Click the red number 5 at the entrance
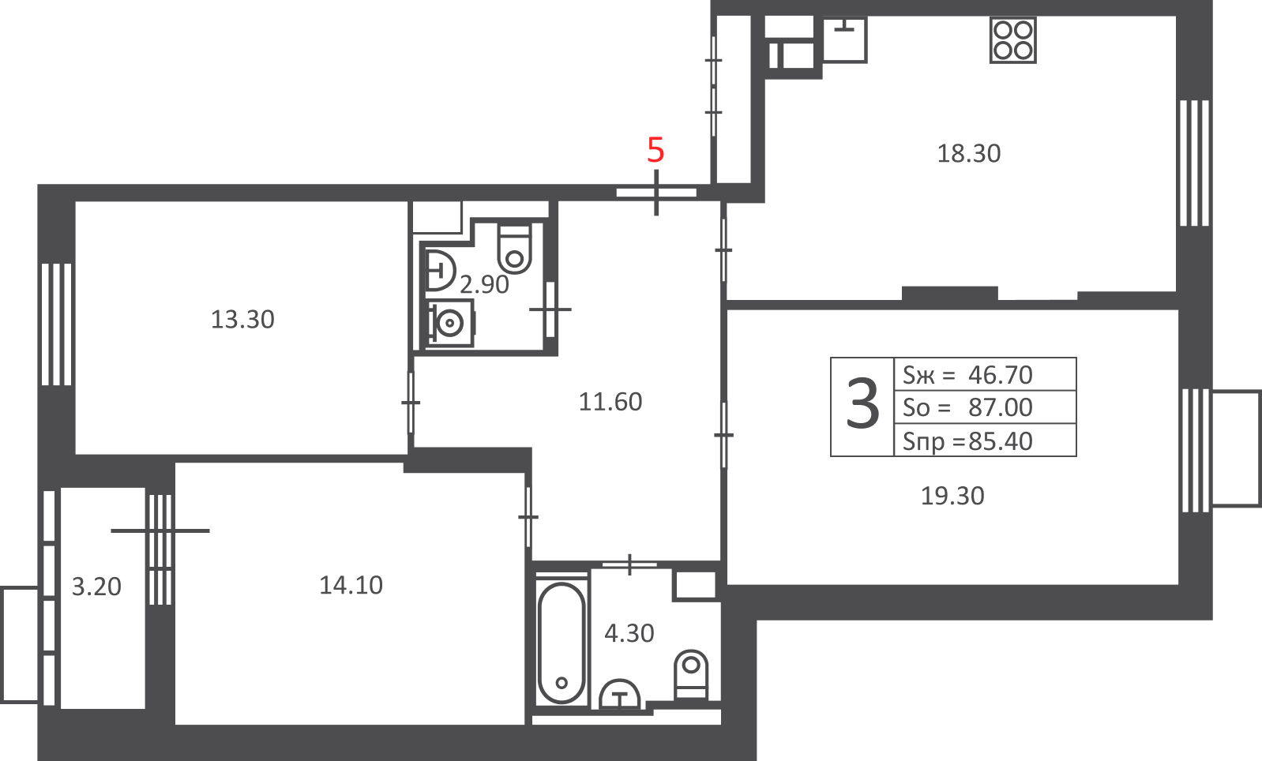pyautogui.click(x=655, y=150)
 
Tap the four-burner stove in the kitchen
pyautogui.click(x=1013, y=40)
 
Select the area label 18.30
pyautogui.click(x=968, y=154)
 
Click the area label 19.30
pyautogui.click(x=952, y=497)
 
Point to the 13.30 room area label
pyautogui.click(x=242, y=320)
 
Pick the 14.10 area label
pyautogui.click(x=351, y=585)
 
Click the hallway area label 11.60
pyautogui.click(x=610, y=402)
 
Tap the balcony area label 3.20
pyautogui.click(x=96, y=587)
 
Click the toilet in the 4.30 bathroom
pyautogui.click(x=691, y=674)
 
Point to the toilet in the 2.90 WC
pyautogui.click(x=514, y=249)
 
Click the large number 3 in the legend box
pyautogui.click(x=862, y=403)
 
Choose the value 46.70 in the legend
pyautogui.click(x=1000, y=375)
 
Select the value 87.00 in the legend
pyautogui.click(x=1000, y=408)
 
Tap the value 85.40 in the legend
pyautogui.click(x=1000, y=441)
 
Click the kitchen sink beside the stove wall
pyautogui.click(x=844, y=39)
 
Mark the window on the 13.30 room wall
pyautogui.click(x=56, y=324)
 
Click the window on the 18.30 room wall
pyautogui.click(x=1194, y=163)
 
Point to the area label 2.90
pyautogui.click(x=484, y=285)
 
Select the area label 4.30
pyautogui.click(x=629, y=634)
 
